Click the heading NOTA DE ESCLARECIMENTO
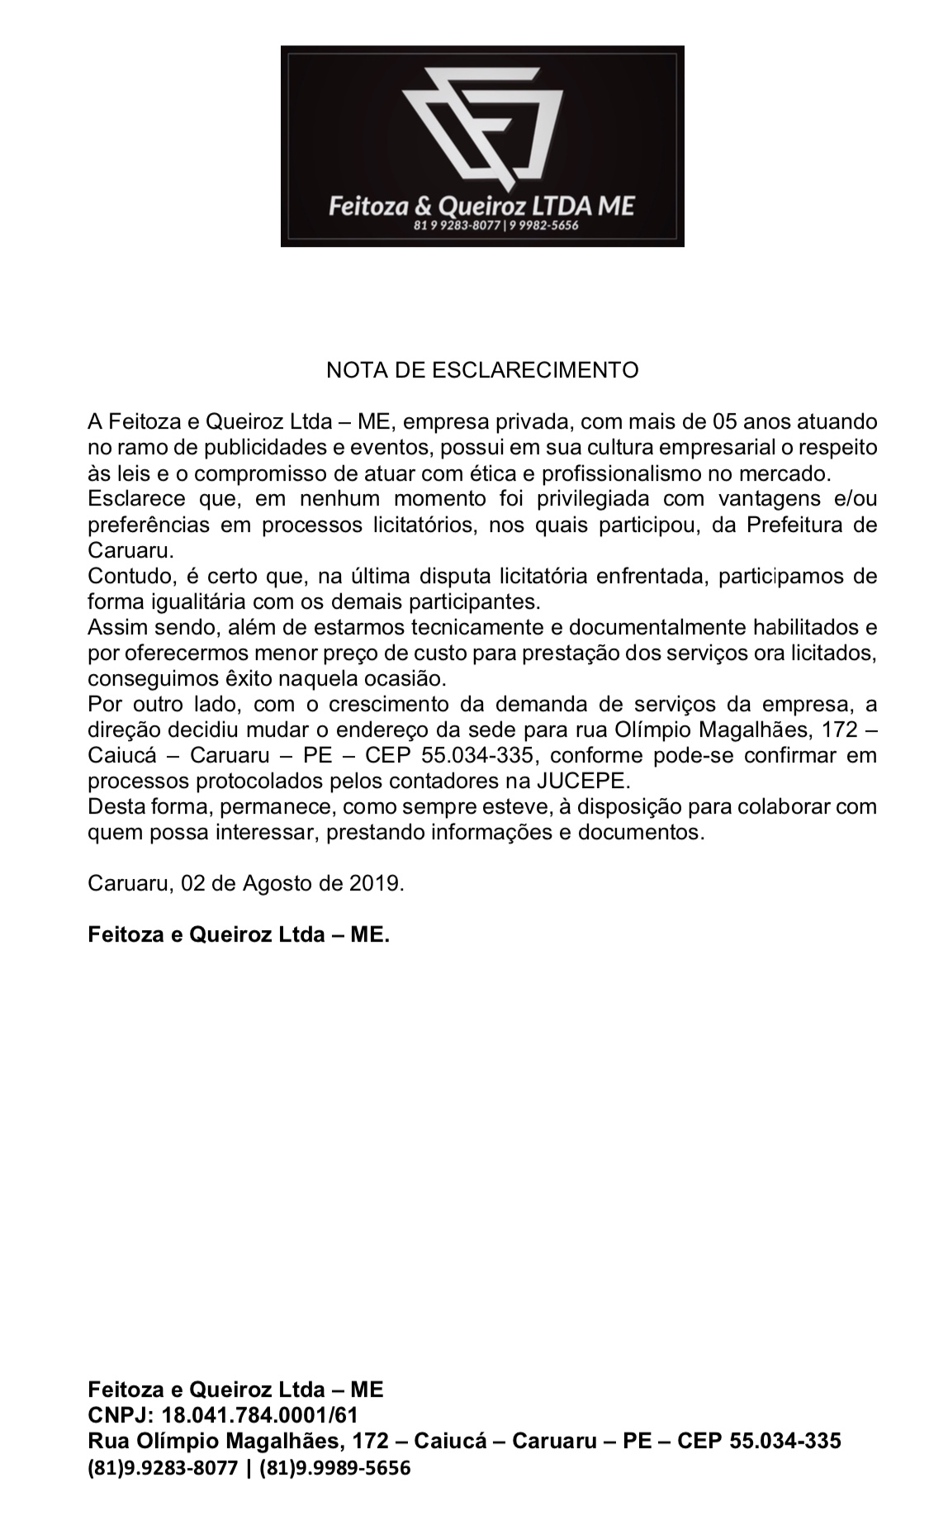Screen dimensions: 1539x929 point(482,369)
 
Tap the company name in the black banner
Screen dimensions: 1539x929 point(481,205)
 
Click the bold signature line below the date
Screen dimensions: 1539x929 point(239,935)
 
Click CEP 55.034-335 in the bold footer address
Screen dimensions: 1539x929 point(759,1442)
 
